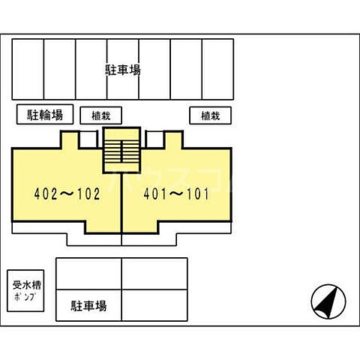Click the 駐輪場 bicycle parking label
pyautogui.click(x=45, y=115)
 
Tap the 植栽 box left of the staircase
pyautogui.click(x=100, y=115)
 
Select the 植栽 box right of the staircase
pyautogui.click(x=209, y=115)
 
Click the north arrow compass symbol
pyautogui.click(x=328, y=302)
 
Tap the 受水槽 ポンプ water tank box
pyautogui.click(x=24, y=290)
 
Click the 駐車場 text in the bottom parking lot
pyautogui.click(x=88, y=306)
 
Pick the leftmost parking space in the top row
pyautogui.click(x=28, y=69)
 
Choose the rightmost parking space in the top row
pyautogui.click(x=218, y=69)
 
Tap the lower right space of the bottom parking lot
pyautogui.click(x=154, y=306)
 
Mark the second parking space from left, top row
pyautogui.click(x=60, y=69)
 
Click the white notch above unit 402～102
pyautogui.click(x=88, y=139)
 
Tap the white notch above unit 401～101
pyautogui.click(x=155, y=139)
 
